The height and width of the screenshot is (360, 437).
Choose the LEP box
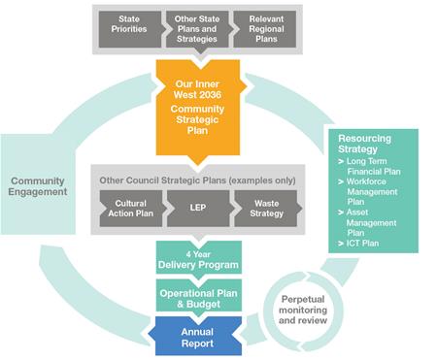click(197, 208)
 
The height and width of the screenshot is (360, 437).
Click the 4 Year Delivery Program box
click(197, 258)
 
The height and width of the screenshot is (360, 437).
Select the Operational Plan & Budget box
click(197, 296)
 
